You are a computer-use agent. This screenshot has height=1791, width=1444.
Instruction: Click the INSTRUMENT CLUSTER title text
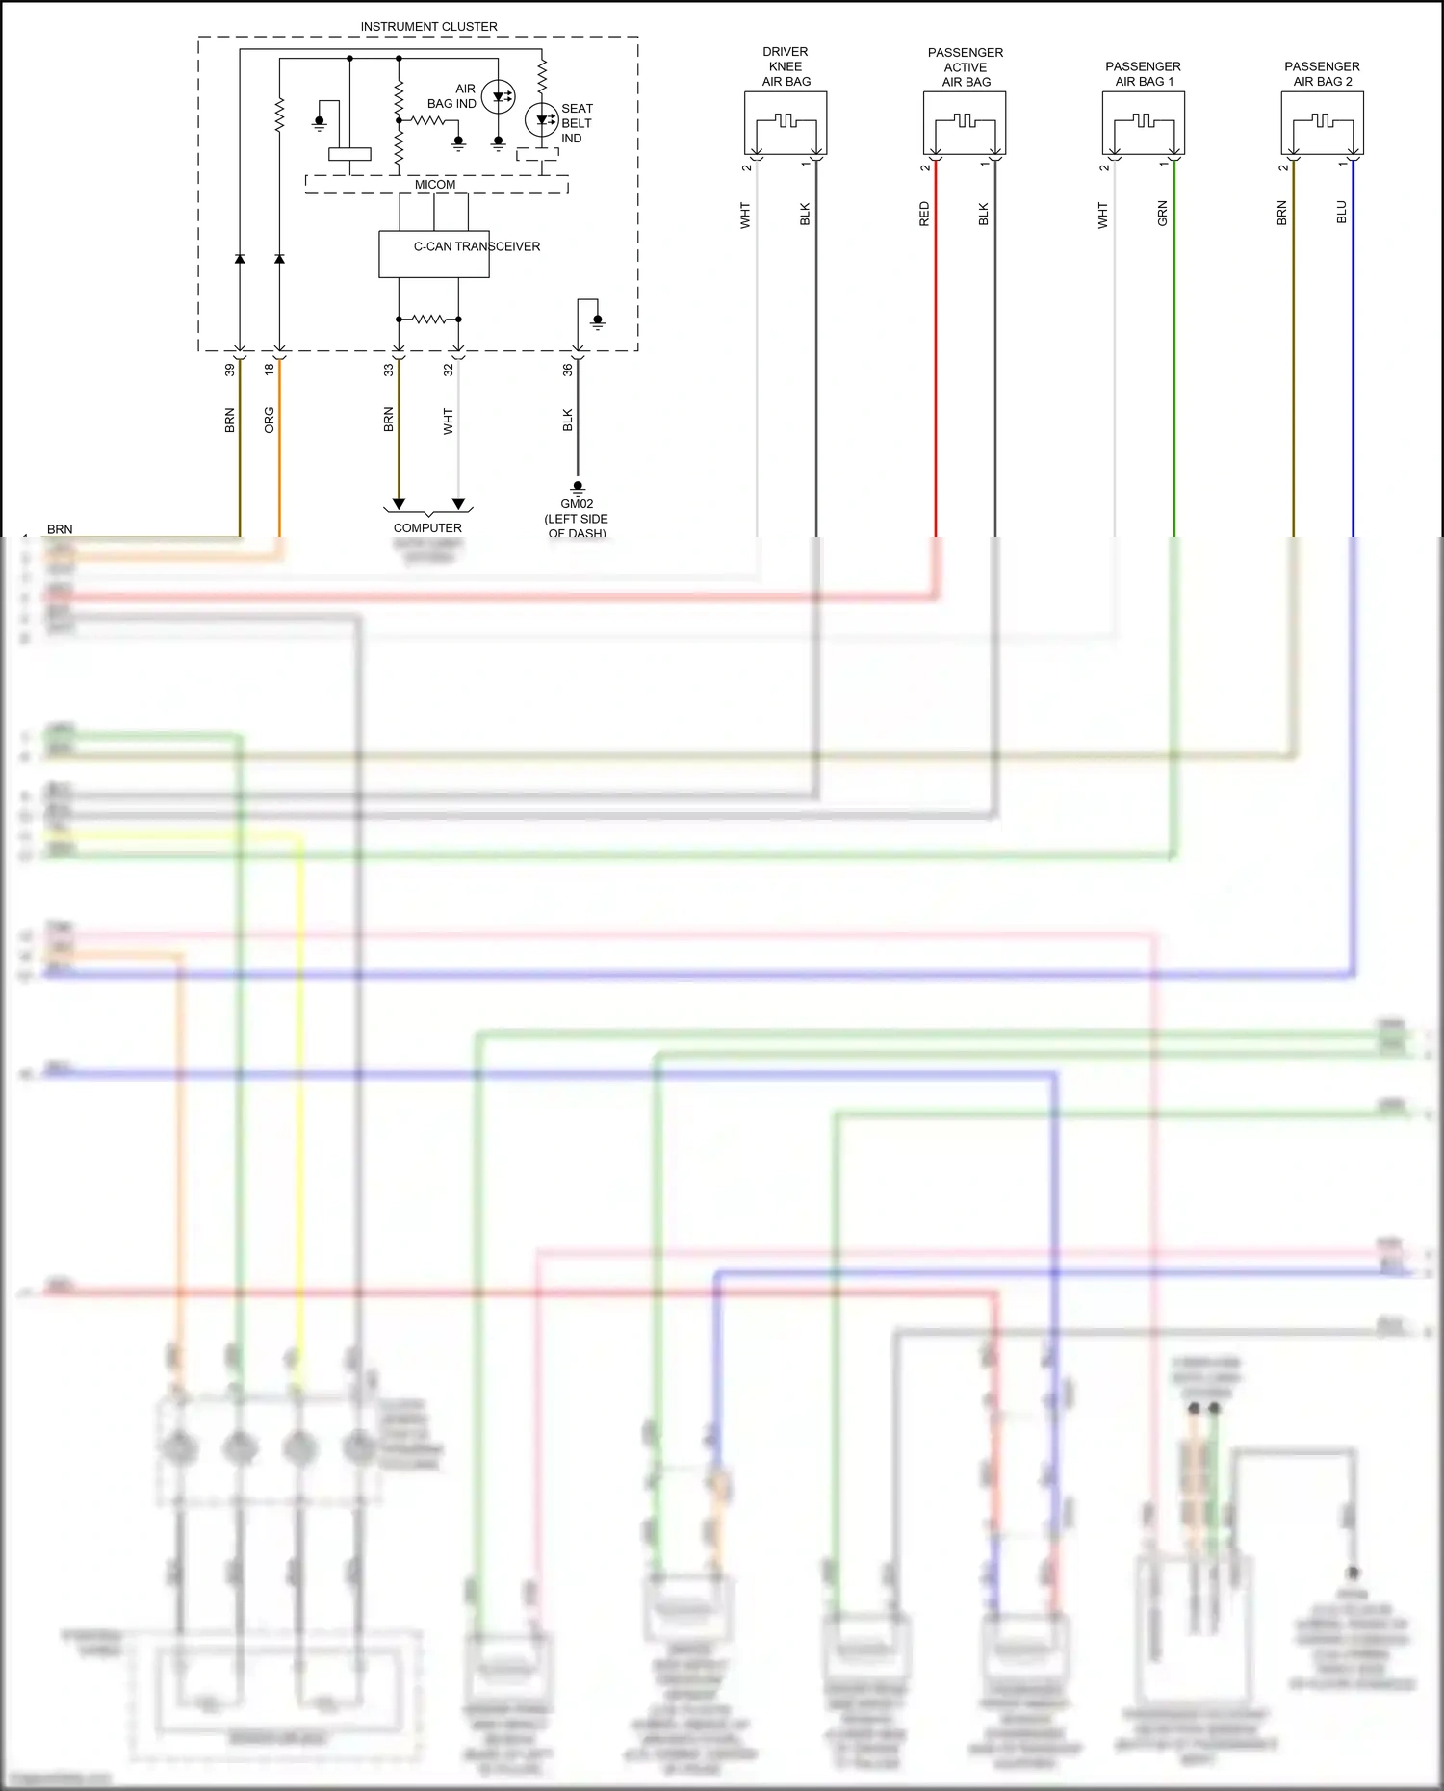coord(428,27)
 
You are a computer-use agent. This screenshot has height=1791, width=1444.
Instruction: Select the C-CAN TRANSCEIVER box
coord(434,254)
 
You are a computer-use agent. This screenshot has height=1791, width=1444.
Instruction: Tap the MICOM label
coord(435,185)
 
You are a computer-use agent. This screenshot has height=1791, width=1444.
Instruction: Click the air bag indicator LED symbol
coord(498,96)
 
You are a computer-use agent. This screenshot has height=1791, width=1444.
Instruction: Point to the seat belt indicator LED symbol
coord(542,120)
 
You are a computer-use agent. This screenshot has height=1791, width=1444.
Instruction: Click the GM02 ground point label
coord(577,504)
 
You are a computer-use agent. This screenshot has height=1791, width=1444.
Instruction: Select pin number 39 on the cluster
coord(230,370)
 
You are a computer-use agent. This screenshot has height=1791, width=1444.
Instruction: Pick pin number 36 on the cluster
coord(568,370)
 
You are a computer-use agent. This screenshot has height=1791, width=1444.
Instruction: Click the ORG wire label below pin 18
coord(270,421)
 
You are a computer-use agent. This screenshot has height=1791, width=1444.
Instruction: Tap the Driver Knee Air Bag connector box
coord(786,123)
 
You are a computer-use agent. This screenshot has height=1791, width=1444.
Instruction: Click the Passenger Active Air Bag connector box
coord(965,123)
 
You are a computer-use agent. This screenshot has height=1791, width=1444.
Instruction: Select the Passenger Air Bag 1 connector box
coord(1143,123)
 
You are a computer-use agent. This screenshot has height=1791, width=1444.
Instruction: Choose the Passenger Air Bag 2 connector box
coord(1322,123)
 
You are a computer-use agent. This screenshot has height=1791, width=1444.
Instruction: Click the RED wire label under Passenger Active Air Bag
coord(924,214)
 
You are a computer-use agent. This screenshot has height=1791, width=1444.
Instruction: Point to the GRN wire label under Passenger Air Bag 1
coord(1162,214)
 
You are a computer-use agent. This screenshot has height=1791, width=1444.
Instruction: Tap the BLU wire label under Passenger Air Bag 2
coord(1341,213)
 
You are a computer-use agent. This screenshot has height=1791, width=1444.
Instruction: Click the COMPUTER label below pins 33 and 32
coord(427,528)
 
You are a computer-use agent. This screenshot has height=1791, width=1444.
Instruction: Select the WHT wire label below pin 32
coord(448,422)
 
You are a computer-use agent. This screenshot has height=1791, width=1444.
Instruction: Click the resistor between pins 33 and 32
coord(428,319)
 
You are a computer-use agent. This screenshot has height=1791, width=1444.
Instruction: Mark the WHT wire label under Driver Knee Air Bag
coord(745,215)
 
